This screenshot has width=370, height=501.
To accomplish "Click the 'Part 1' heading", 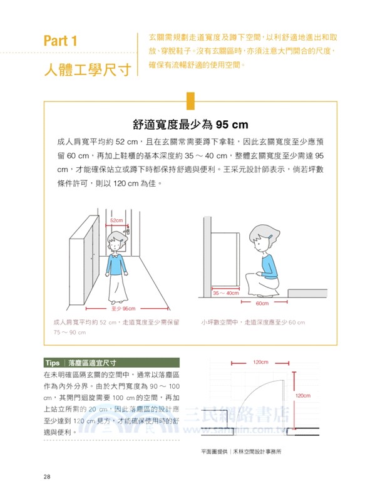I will click(x=60, y=41).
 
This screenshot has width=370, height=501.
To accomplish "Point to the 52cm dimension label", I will click(x=116, y=221).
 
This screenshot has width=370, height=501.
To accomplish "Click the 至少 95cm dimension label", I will click(x=123, y=309).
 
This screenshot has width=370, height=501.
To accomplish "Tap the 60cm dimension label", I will click(x=262, y=303).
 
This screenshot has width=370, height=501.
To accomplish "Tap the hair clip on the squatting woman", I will click(x=270, y=237).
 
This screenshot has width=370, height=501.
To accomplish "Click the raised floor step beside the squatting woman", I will click(x=304, y=292).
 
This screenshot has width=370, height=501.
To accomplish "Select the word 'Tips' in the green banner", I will click(x=52, y=363).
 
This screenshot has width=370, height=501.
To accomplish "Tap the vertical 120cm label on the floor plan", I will click(x=302, y=396).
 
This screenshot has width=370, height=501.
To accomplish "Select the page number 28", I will click(x=47, y=477).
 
